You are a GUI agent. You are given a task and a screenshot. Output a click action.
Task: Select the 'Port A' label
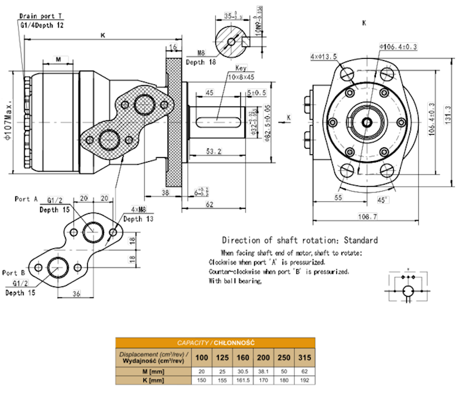coord(26,199)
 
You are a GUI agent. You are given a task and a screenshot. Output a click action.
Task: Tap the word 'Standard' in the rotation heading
coord(361,240)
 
